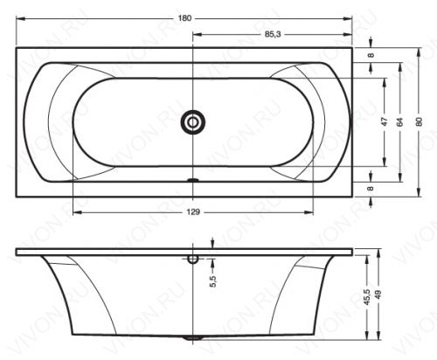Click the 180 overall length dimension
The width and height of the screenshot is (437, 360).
coord(184,18)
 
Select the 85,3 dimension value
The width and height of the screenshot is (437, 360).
coord(273,34)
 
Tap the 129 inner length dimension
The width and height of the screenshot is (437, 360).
coord(193,212)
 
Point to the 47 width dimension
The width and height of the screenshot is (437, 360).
coord(385,121)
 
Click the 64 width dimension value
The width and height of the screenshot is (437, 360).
coord(399,121)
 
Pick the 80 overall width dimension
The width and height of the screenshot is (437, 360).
coord(419,121)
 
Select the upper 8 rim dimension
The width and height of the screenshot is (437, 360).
coord(371,55)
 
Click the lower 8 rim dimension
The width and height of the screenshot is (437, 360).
coord(371,189)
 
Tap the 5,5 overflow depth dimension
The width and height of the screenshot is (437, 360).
coord(213,281)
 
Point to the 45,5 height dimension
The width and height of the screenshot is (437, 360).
coord(367,297)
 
